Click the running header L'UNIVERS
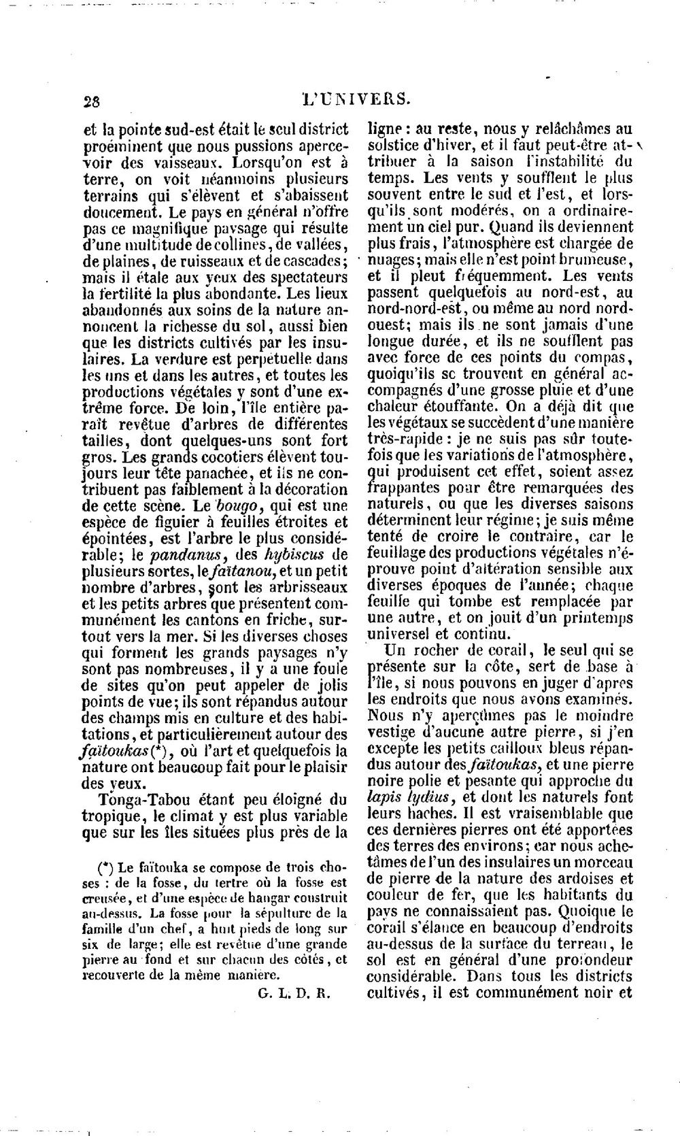(x=356, y=99)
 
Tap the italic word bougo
(x=234, y=505)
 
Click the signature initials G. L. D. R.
(x=294, y=992)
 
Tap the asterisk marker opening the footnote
(x=105, y=868)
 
